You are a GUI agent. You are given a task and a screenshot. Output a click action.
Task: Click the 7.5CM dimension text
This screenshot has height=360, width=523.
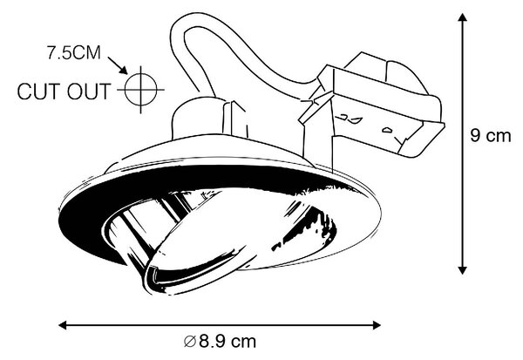tap(74, 52)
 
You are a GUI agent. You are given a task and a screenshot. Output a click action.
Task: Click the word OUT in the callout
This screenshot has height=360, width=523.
tap(89, 92)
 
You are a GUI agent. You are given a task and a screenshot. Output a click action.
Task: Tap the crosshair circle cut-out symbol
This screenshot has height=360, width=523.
tap(140, 90)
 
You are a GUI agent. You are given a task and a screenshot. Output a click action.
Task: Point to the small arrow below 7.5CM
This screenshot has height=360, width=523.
tap(118, 65)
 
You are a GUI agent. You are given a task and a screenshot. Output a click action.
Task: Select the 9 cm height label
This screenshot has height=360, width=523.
tap(490, 136)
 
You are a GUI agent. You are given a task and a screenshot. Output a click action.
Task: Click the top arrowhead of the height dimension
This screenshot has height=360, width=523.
tap(462, 17)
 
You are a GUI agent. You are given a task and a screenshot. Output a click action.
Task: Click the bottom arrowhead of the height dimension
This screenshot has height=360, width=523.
tap(462, 270)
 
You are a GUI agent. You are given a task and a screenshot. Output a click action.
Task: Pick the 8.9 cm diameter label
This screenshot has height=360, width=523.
tap(221, 342)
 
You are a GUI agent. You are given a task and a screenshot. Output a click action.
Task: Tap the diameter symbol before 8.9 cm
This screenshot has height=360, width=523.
tap(190, 342)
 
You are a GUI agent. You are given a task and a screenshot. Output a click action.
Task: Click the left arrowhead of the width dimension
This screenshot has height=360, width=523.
tap(63, 324)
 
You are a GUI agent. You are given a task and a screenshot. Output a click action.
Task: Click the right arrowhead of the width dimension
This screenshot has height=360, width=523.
tap(377, 324)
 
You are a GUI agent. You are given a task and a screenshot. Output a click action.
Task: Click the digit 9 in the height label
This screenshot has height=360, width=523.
tap(475, 136)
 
